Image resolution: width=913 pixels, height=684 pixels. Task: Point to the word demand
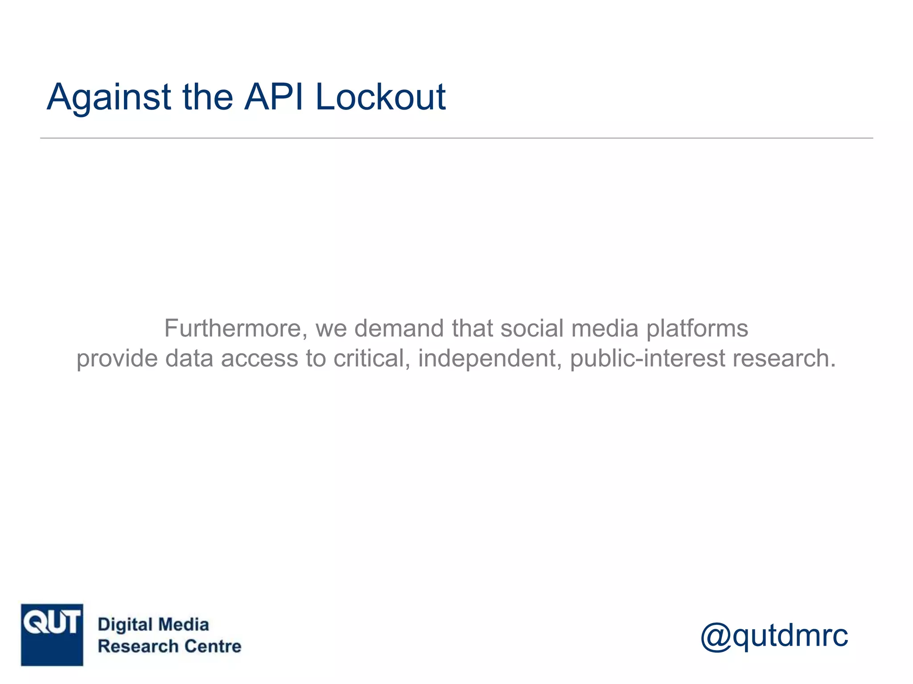[x=399, y=329]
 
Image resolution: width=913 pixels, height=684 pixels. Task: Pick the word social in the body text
[x=532, y=329]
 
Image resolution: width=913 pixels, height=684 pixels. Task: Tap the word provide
[x=117, y=359]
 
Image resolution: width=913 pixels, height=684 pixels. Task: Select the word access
[x=259, y=359]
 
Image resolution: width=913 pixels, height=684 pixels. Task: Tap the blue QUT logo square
[x=52, y=635]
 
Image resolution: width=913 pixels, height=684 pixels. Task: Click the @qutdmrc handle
[x=774, y=635]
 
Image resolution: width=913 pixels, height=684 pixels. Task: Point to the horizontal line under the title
[x=456, y=138]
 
